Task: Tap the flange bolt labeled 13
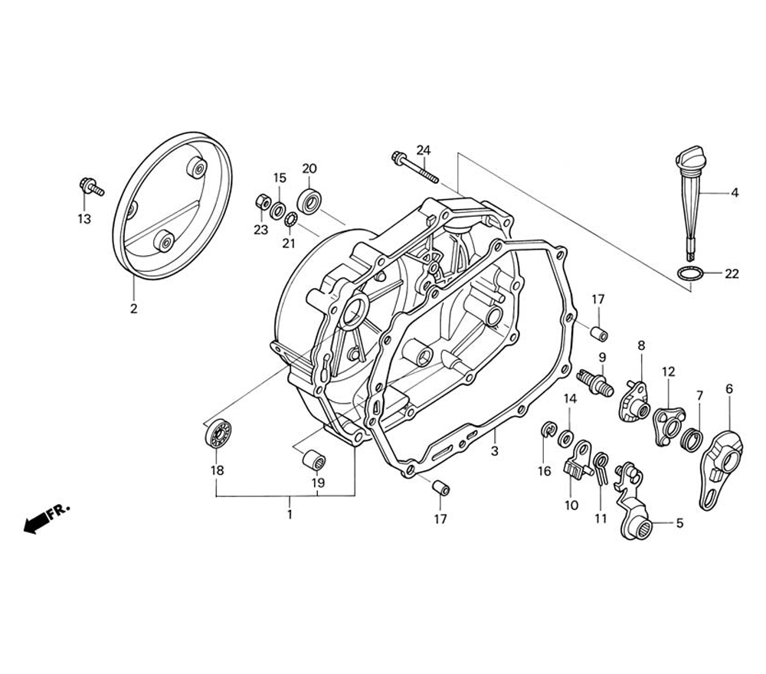pyautogui.click(x=90, y=186)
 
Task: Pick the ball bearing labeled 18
pyautogui.click(x=218, y=437)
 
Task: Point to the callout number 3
pyautogui.click(x=494, y=452)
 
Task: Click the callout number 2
pyautogui.click(x=133, y=309)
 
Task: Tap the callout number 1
pyautogui.click(x=290, y=515)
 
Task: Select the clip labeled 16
pyautogui.click(x=548, y=432)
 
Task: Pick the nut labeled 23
pyautogui.click(x=261, y=203)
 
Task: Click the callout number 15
pyautogui.click(x=280, y=178)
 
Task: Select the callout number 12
pyautogui.click(x=668, y=371)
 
